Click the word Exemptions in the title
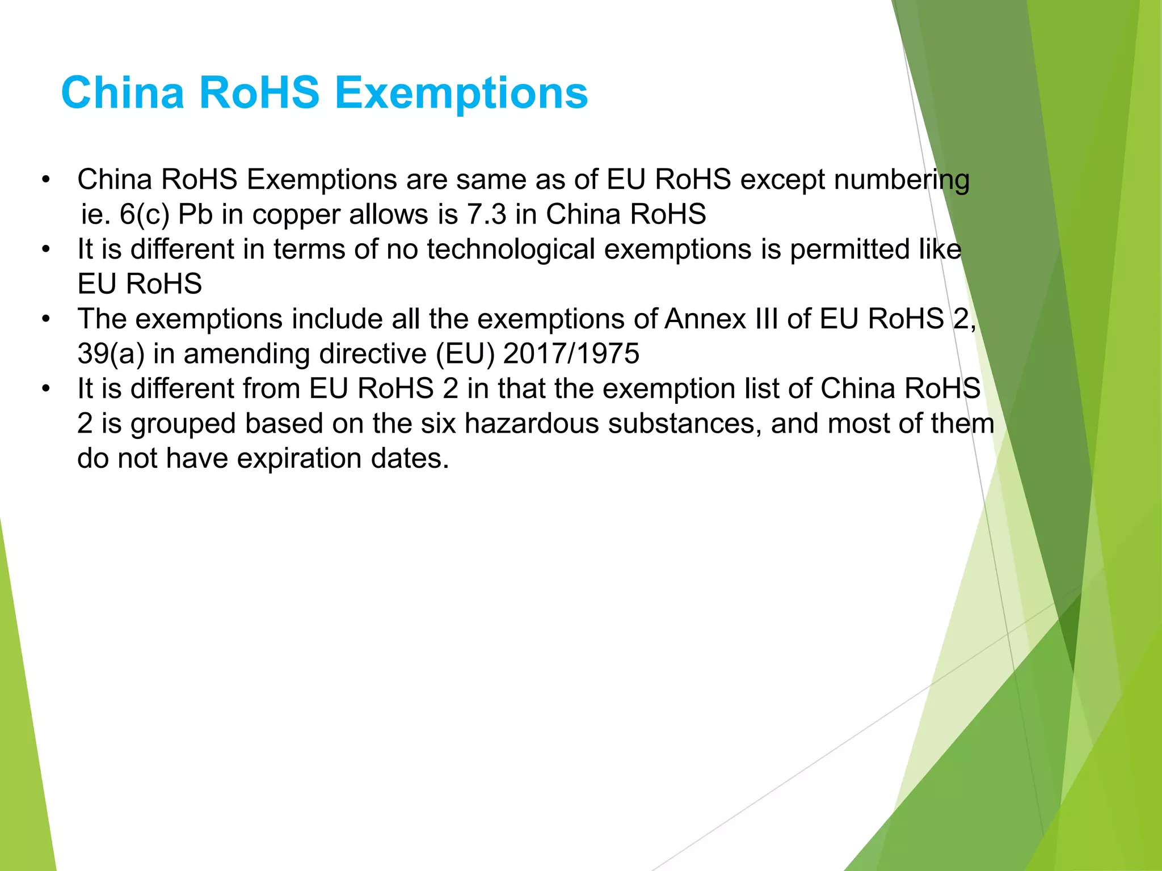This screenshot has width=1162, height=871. [x=461, y=93]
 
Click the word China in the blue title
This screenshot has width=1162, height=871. [x=123, y=93]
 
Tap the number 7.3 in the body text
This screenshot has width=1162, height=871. [x=486, y=215]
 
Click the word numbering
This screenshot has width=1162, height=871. [x=902, y=180]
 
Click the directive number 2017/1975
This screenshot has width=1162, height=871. [x=571, y=354]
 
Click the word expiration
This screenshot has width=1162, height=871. [x=299, y=459]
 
